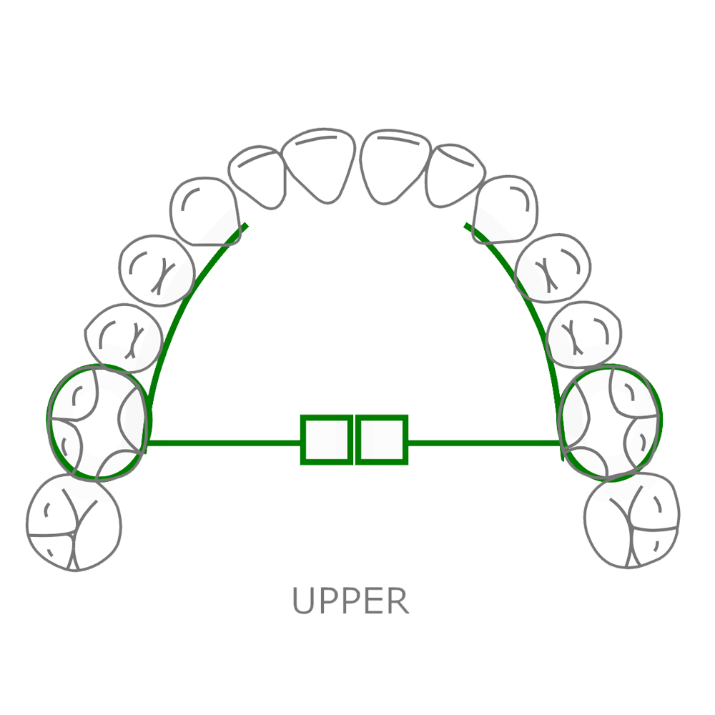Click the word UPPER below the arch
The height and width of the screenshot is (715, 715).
(x=350, y=601)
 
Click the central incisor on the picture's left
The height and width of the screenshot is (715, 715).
(x=320, y=162)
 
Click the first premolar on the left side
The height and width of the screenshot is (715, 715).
(x=157, y=268)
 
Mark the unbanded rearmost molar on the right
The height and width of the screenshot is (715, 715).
(x=632, y=519)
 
